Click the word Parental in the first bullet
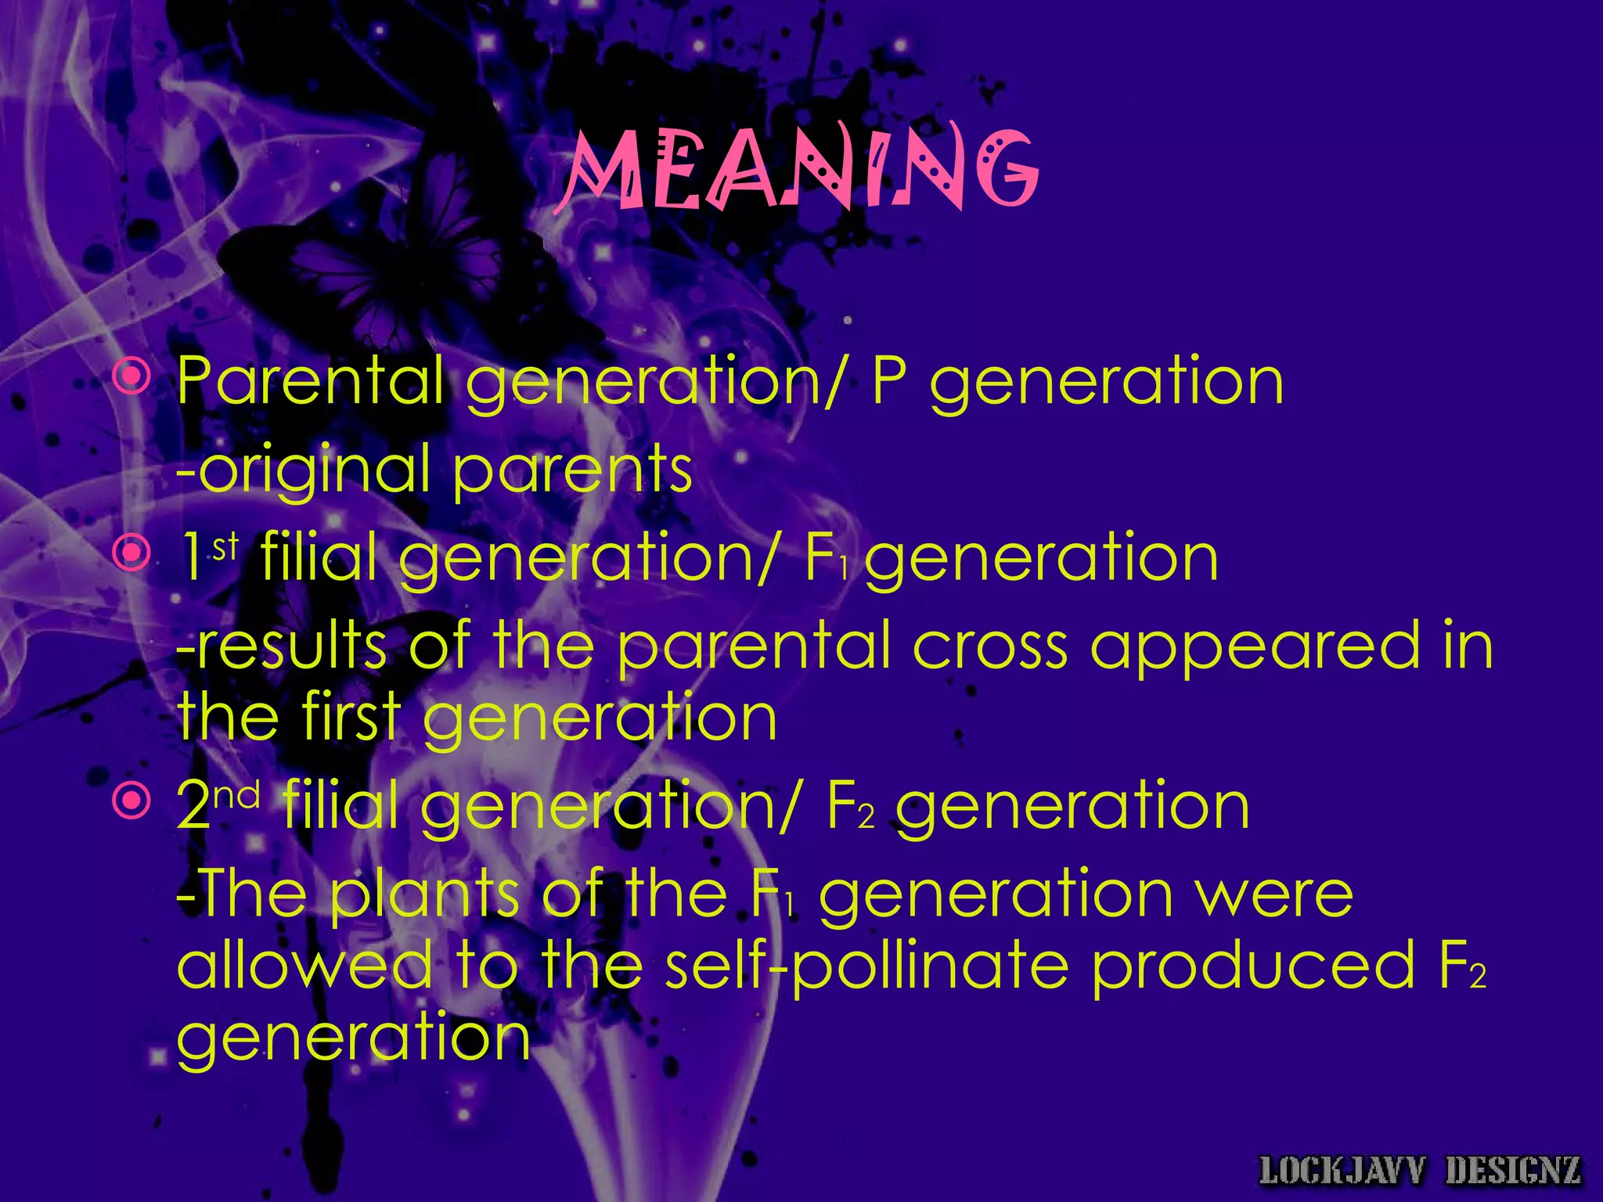coord(310,380)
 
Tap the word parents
coord(572,470)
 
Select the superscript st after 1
coord(225,546)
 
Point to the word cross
coord(991,646)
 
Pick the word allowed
coord(304,964)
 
